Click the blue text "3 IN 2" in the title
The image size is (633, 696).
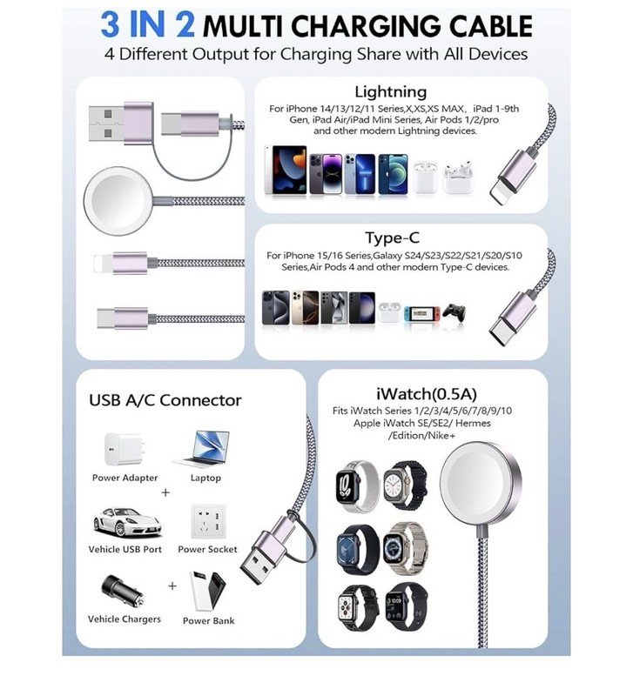147,25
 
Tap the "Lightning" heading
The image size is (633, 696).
390,92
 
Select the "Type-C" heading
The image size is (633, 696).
392,238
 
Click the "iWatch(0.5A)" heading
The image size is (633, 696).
427,394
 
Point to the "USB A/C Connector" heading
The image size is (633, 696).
165,400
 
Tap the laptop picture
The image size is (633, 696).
203,449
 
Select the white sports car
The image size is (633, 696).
126,522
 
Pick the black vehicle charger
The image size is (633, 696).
122,592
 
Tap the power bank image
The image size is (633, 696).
207,591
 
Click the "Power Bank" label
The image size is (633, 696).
208,620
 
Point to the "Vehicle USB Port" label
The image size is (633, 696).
125,549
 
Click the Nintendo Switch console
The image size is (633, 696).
422,314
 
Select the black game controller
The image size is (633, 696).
454,313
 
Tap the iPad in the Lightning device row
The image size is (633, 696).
286,170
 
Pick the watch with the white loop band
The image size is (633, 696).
358,486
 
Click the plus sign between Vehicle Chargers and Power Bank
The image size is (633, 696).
172,586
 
